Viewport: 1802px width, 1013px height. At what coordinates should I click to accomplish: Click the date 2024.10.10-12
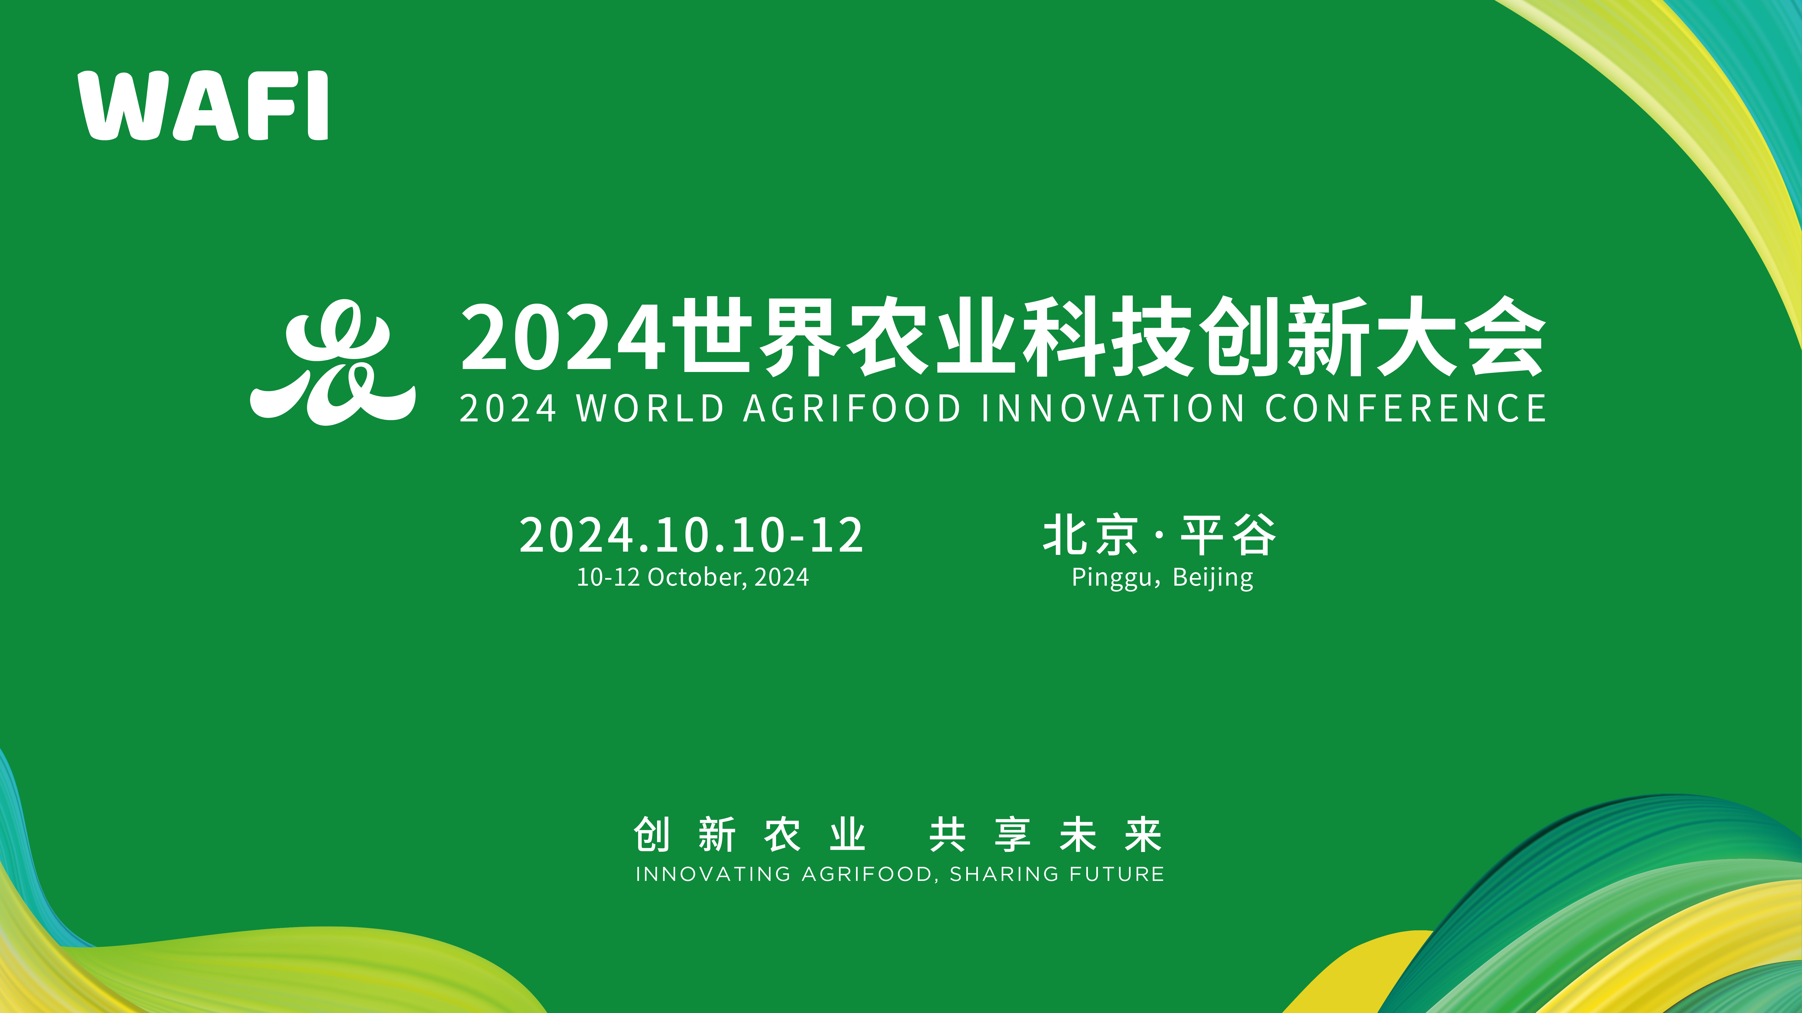pos(691,535)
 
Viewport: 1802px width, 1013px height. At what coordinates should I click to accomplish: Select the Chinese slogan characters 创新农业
pos(750,835)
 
